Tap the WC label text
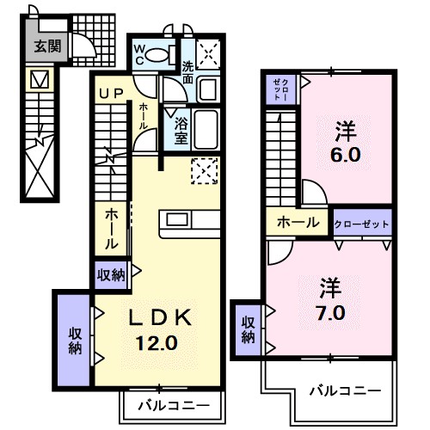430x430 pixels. tap(139, 54)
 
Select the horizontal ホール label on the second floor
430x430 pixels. tap(297, 223)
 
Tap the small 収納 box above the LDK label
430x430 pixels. tap(111, 275)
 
